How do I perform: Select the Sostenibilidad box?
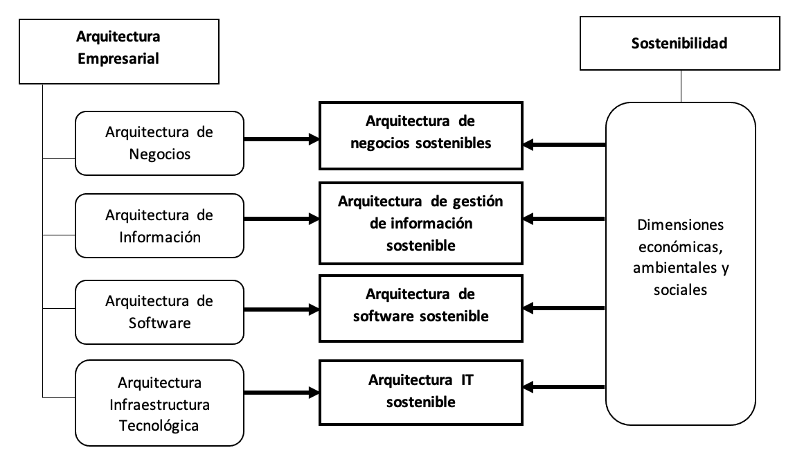click(x=679, y=43)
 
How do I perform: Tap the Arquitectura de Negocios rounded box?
click(x=159, y=143)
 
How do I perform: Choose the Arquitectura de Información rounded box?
click(x=159, y=226)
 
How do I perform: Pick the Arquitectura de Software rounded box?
click(x=159, y=312)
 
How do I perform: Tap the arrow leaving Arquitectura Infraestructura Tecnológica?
click(x=281, y=391)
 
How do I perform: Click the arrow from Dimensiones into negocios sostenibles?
click(x=564, y=145)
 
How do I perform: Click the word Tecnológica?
click(x=159, y=424)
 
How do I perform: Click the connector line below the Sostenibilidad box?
click(x=681, y=86)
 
